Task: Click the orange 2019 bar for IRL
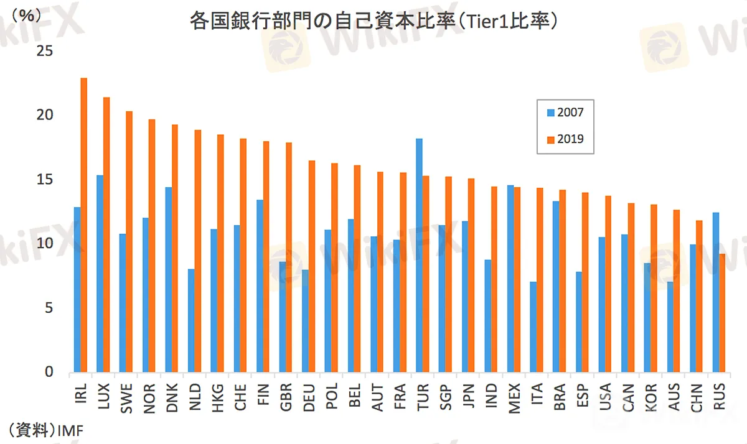[x=84, y=225]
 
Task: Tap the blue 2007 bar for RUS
[x=716, y=292]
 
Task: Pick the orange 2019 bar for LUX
[x=106, y=235]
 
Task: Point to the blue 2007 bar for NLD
[x=191, y=321]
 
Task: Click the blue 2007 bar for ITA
[x=533, y=327]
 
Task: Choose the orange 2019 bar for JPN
[x=471, y=275]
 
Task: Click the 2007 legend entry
[x=565, y=113]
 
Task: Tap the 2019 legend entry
[x=565, y=139]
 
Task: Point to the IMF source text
[x=70, y=429]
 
